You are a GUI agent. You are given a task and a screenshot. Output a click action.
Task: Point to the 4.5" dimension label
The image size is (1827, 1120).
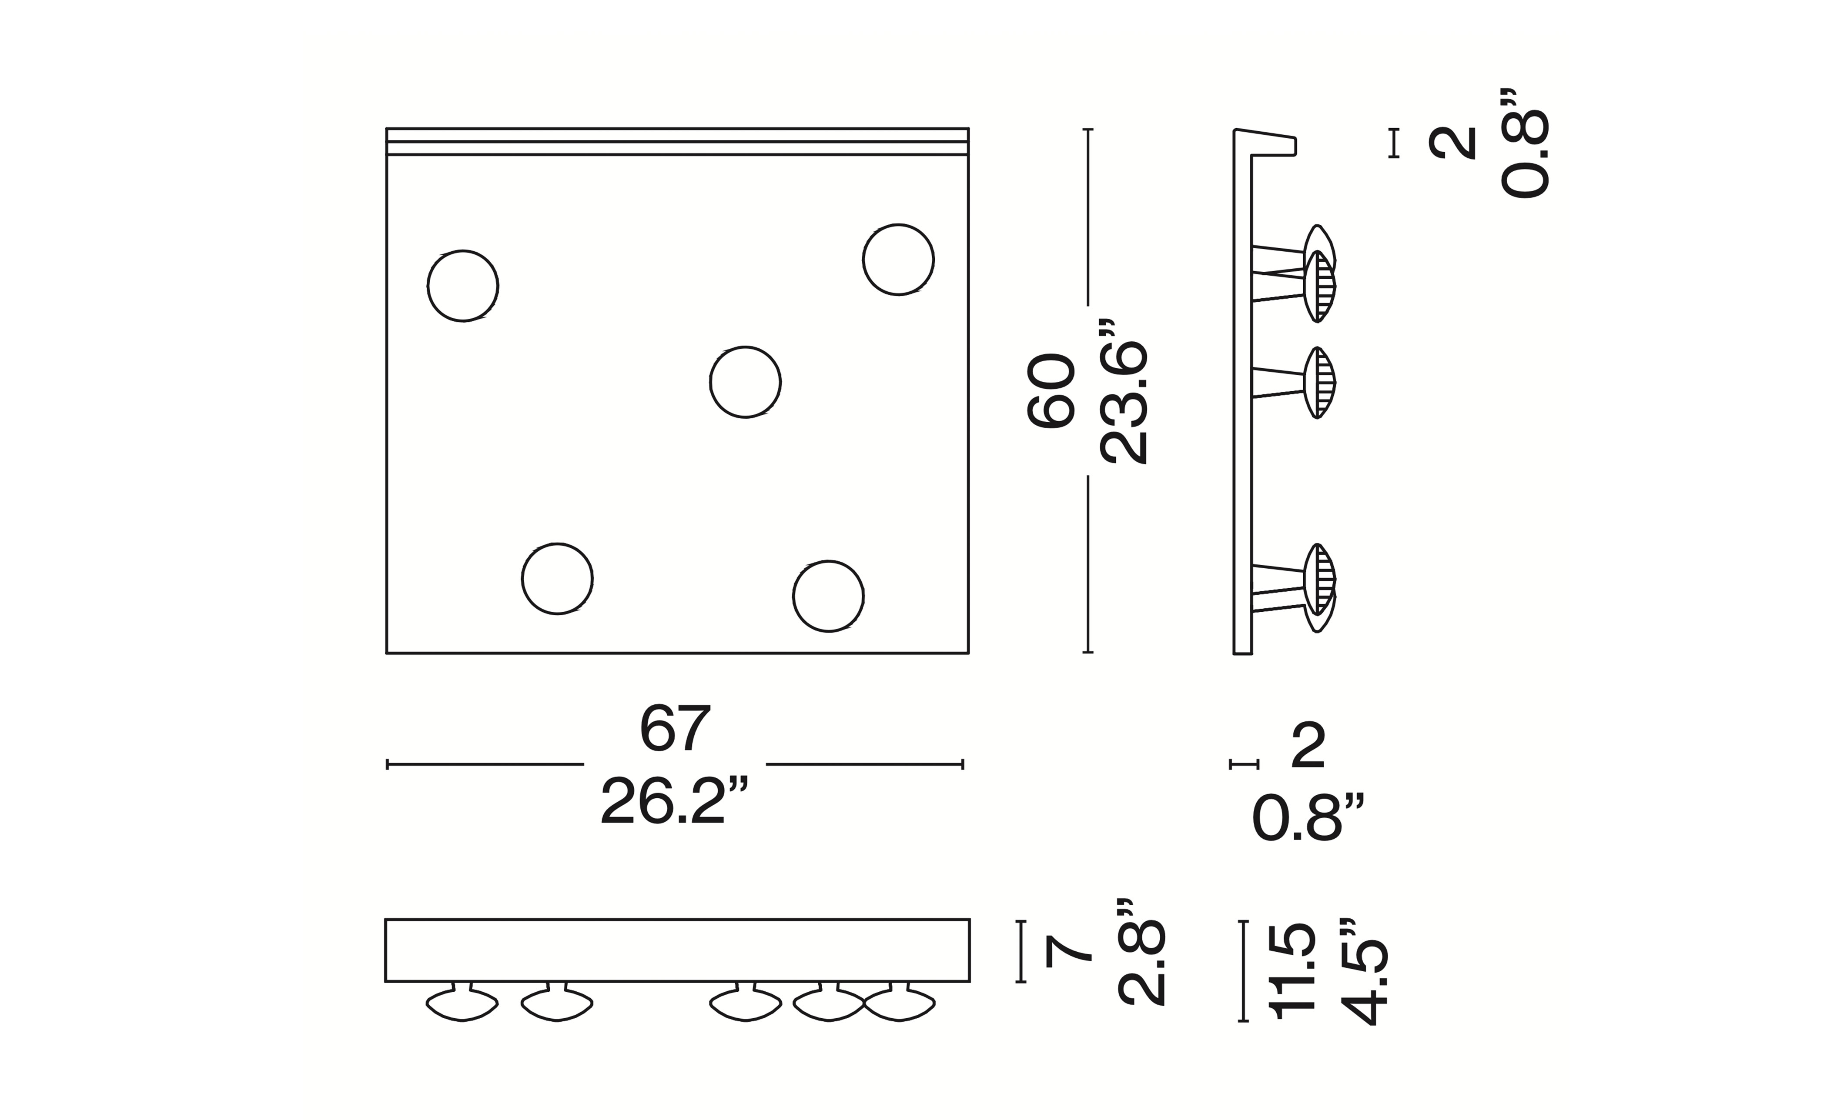point(1363,971)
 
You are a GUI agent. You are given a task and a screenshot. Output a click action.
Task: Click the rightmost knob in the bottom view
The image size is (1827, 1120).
point(900,1003)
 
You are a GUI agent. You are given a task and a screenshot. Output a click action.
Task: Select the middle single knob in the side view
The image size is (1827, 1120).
point(1319,383)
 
